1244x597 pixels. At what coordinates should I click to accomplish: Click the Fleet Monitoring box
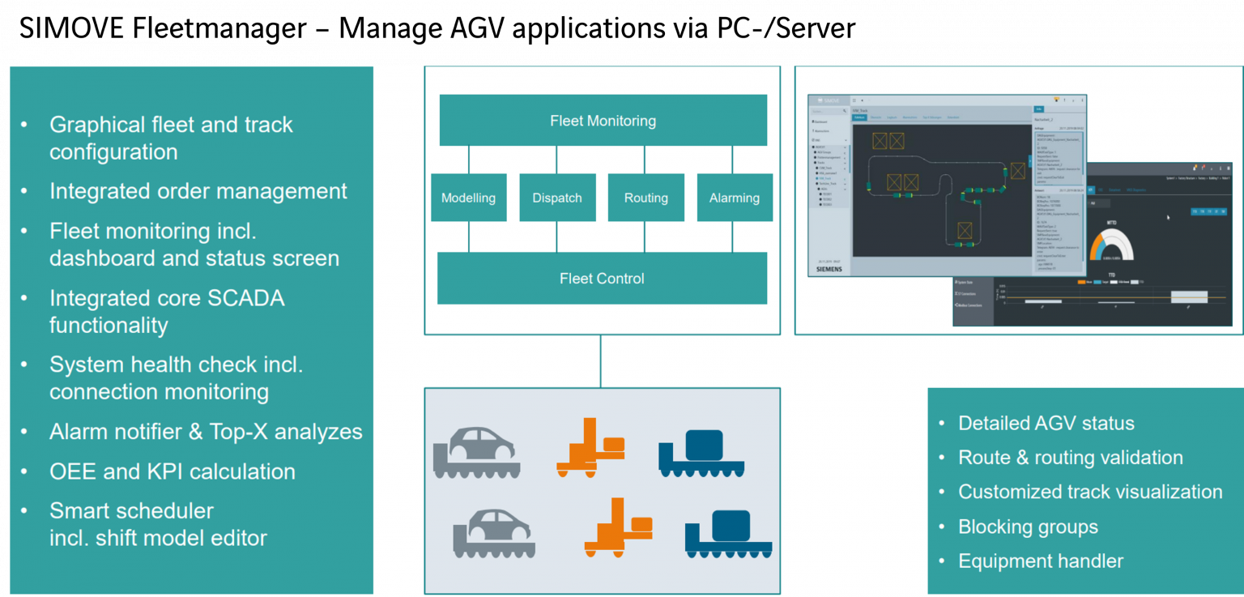tap(603, 121)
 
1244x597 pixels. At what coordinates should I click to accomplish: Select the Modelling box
tap(468, 198)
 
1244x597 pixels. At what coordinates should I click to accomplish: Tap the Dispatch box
tap(557, 198)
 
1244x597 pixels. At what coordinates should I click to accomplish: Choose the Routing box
tap(645, 198)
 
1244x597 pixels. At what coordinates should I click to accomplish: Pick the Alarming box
tap(734, 198)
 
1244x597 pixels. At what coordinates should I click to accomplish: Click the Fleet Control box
tap(602, 279)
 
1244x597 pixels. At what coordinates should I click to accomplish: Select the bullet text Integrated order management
tap(198, 191)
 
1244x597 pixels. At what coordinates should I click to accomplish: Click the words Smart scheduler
tap(131, 511)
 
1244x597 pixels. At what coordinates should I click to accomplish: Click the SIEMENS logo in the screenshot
tap(829, 269)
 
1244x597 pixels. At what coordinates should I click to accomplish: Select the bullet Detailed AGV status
tap(1046, 423)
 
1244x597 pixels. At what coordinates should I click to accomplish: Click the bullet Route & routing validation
tap(1070, 458)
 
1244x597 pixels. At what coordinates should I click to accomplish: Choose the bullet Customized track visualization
tap(1089, 492)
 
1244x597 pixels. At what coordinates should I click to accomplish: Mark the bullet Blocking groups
tap(1028, 527)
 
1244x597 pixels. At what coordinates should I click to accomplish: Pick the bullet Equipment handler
tap(1040, 561)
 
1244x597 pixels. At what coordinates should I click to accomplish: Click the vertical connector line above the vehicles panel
tap(601, 361)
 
